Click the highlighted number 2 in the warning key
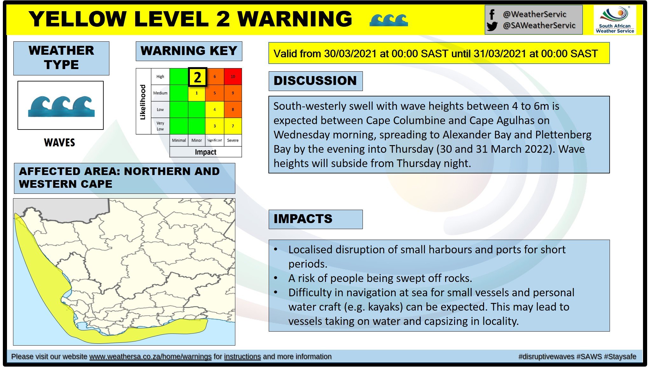pos(197,77)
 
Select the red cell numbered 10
pos(233,77)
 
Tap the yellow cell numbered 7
pos(233,126)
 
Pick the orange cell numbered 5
pos(215,93)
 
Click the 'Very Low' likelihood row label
pos(160,126)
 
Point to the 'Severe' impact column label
pos(233,140)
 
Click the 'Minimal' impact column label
pos(179,140)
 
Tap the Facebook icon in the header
pos(492,14)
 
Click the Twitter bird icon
pos(492,26)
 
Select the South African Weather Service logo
pos(615,20)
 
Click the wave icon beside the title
pos(389,20)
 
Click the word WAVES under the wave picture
pos(59,143)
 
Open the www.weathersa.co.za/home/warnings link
pos(150,357)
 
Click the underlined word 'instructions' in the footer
pos(242,357)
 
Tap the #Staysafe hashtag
pos(620,357)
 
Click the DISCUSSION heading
pos(315,81)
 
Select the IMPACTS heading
pos(303,219)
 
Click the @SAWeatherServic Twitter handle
pos(539,25)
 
